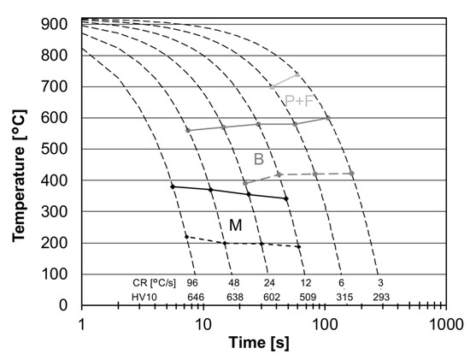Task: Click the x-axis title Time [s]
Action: [x=262, y=344]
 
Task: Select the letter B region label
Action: [x=259, y=159]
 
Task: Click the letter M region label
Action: [x=235, y=225]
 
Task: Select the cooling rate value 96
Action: [x=192, y=281]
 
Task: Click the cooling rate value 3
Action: [x=379, y=281]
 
